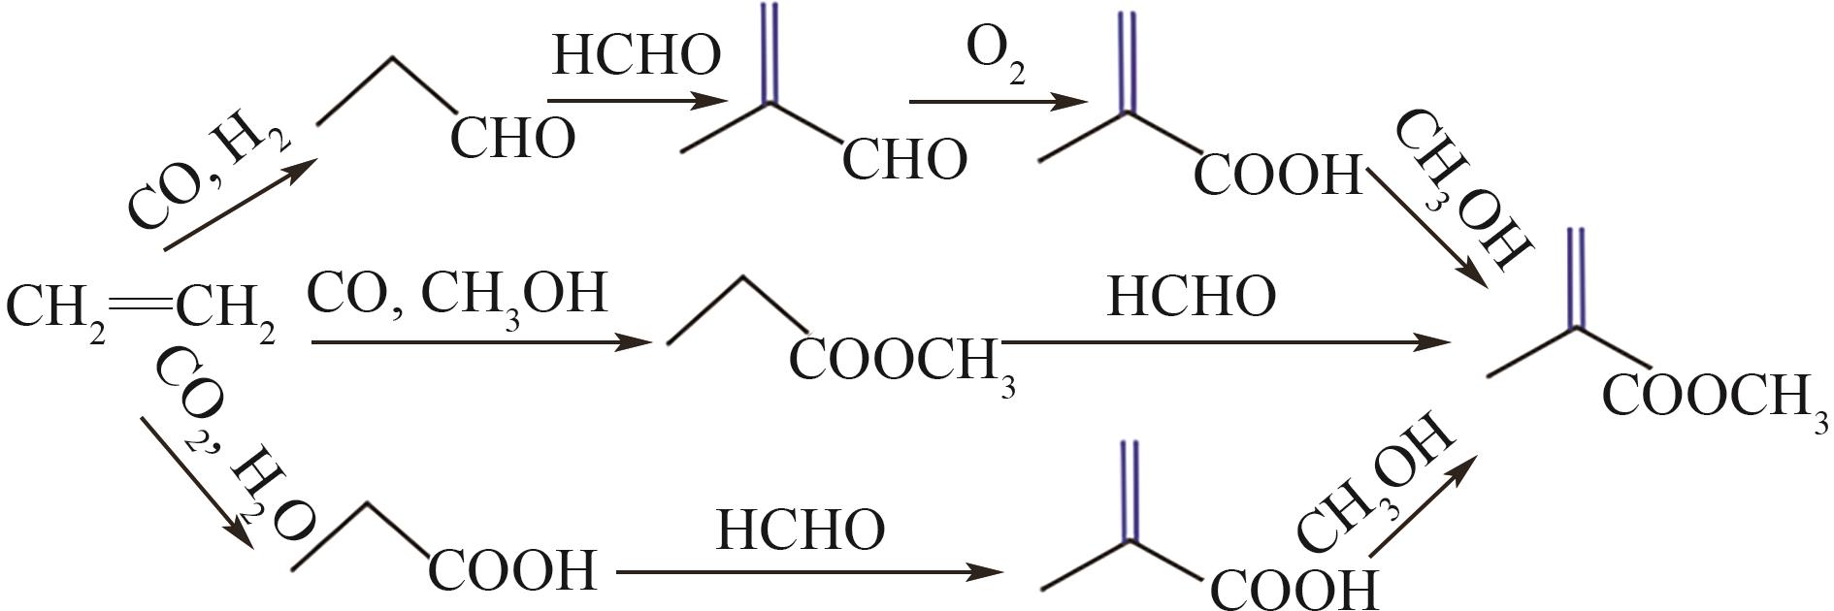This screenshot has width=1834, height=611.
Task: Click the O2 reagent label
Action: [996, 60]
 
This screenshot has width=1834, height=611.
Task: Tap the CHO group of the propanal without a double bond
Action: [512, 138]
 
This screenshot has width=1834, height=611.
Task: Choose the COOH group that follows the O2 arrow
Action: [1278, 176]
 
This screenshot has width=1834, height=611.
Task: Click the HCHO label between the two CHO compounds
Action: [637, 54]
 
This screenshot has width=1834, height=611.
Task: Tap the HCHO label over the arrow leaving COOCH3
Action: [1191, 296]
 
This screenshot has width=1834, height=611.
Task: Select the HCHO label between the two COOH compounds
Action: [801, 530]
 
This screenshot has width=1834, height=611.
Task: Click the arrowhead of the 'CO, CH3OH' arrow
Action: [636, 342]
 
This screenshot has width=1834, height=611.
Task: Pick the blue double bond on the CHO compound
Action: [770, 53]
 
